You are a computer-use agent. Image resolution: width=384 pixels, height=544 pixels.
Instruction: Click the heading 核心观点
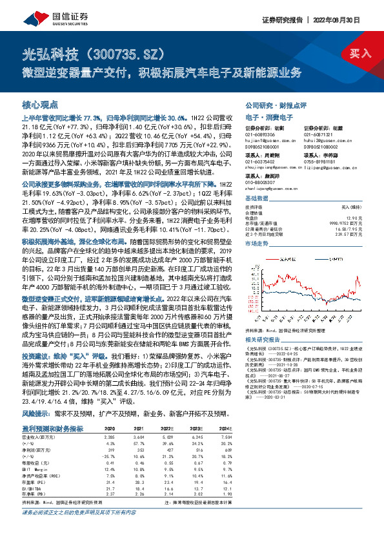(39, 104)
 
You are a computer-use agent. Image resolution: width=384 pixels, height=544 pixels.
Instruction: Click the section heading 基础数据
(257, 198)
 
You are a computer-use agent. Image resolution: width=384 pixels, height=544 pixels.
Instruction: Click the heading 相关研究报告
(265, 339)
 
